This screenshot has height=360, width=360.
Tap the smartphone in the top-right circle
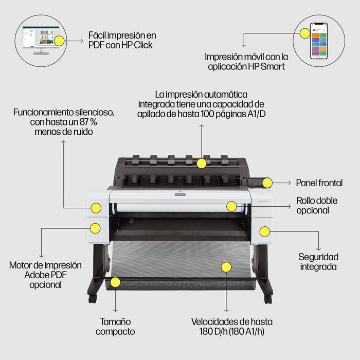coord(319,41)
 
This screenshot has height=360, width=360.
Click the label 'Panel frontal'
coord(319,183)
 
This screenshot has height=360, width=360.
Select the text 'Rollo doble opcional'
coord(316,205)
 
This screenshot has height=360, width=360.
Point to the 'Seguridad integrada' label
coord(318,261)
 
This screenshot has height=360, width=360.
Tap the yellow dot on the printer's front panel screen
coord(267,182)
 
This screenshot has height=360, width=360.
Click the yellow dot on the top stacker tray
coord(202,163)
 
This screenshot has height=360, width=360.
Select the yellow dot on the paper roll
coord(231,206)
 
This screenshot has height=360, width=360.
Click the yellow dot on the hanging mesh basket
coord(226,266)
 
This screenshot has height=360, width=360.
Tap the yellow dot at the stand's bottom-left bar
coord(115,282)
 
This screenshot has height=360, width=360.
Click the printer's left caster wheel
coord(92,298)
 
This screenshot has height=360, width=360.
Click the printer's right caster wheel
coord(268,299)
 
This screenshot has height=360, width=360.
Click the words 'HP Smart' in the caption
coord(268,66)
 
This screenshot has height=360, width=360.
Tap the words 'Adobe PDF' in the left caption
coord(45,275)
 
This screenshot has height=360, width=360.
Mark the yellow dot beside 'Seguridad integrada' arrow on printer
coord(264,231)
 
